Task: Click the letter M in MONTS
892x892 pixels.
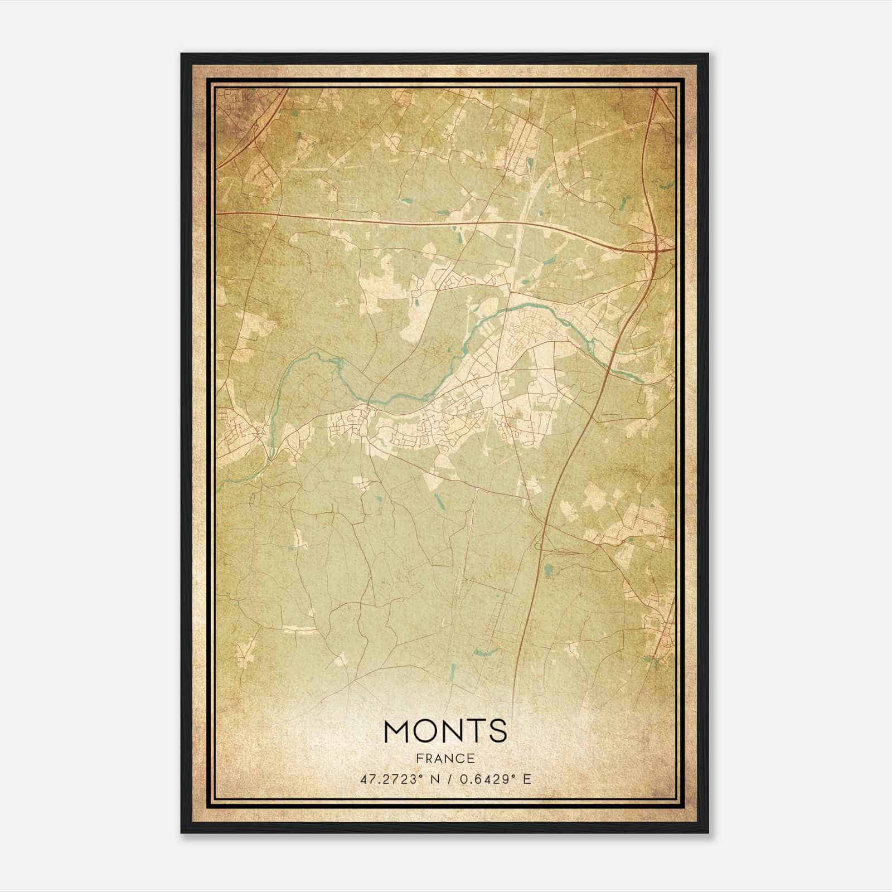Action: pyautogui.click(x=397, y=731)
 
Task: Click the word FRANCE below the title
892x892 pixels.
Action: pyautogui.click(x=445, y=758)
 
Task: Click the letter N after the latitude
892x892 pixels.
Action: pyautogui.click(x=434, y=779)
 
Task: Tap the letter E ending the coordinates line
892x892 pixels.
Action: pyautogui.click(x=526, y=779)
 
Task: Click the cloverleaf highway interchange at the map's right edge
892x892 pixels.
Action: pyautogui.click(x=658, y=248)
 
